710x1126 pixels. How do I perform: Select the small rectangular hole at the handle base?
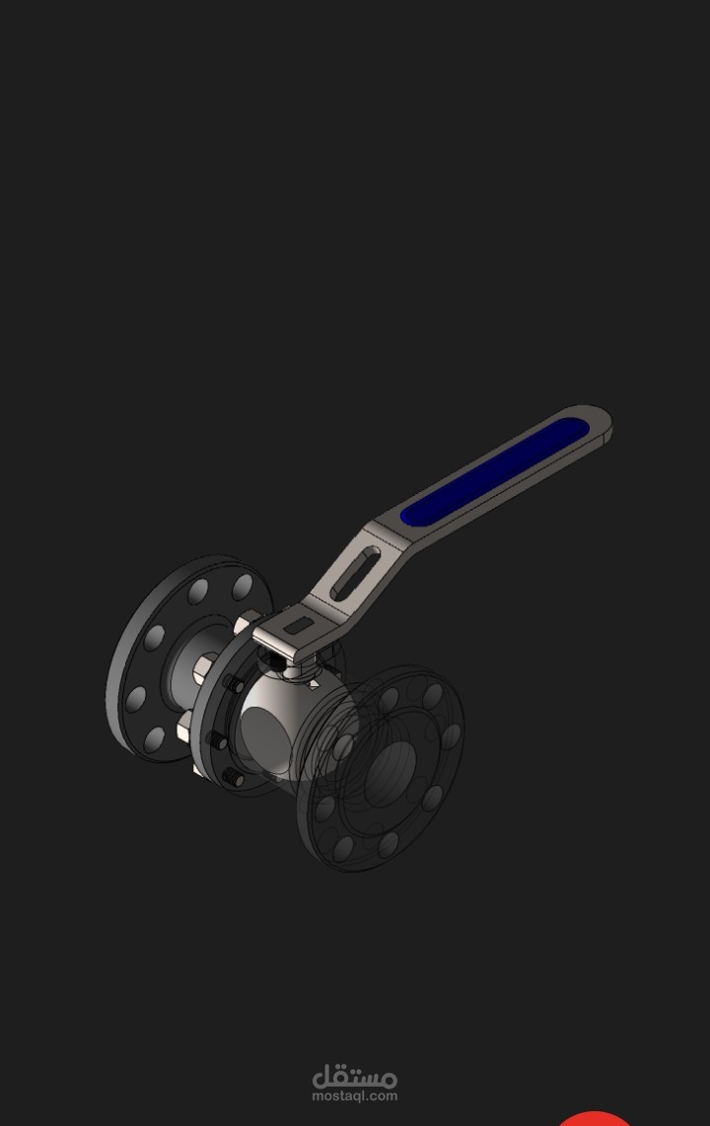[x=295, y=623]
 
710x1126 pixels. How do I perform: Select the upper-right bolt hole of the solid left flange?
[x=243, y=588]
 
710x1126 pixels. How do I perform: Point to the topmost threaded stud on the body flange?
[x=234, y=684]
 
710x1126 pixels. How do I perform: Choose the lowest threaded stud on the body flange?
[x=233, y=779]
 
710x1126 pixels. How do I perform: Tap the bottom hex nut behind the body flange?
[x=184, y=731]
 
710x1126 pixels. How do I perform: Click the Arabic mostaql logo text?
[x=354, y=1076]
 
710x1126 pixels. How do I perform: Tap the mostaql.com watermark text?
[x=354, y=1095]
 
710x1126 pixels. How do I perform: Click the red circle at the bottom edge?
[x=595, y=1119]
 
